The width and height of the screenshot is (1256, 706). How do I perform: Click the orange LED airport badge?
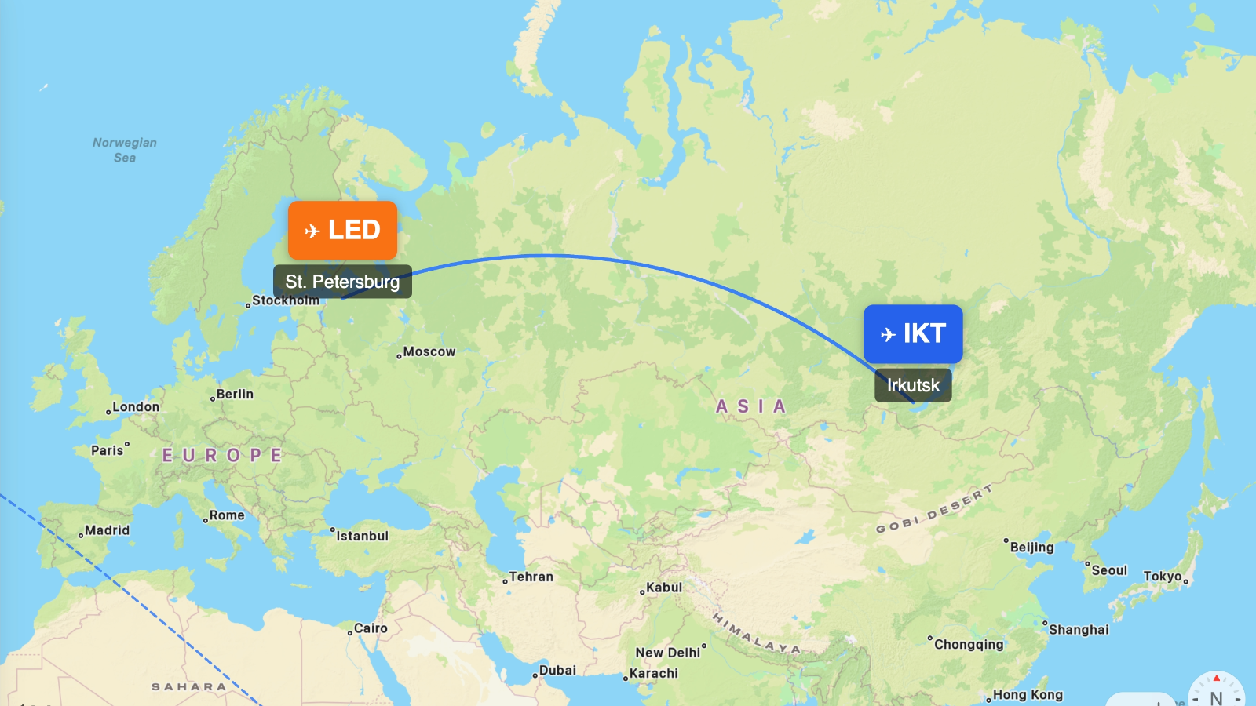(x=342, y=230)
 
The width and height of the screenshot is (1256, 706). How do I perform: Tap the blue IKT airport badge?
(x=913, y=333)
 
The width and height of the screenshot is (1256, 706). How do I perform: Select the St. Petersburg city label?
(x=342, y=282)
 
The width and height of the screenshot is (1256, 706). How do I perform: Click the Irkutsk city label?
(x=913, y=385)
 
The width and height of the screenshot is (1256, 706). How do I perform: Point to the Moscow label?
(x=429, y=352)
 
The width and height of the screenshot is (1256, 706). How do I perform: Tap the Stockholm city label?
(x=285, y=300)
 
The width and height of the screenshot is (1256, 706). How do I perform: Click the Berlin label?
(x=234, y=395)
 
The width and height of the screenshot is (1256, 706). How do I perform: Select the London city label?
(x=135, y=407)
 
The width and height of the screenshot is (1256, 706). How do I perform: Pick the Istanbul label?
(x=361, y=537)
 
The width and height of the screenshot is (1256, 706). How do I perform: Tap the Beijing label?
(x=1031, y=548)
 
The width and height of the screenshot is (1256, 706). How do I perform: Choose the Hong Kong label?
(x=1027, y=695)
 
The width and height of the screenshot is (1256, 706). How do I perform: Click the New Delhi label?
(x=668, y=653)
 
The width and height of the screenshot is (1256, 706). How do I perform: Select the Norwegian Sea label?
(x=125, y=150)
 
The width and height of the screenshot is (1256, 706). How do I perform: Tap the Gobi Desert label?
(x=934, y=509)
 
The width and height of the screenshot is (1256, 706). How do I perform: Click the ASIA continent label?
(x=750, y=406)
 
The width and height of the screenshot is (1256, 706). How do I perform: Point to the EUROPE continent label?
(x=222, y=456)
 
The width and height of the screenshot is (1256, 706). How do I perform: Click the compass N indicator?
(x=1216, y=697)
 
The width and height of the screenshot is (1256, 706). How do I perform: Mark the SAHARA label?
(x=188, y=687)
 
